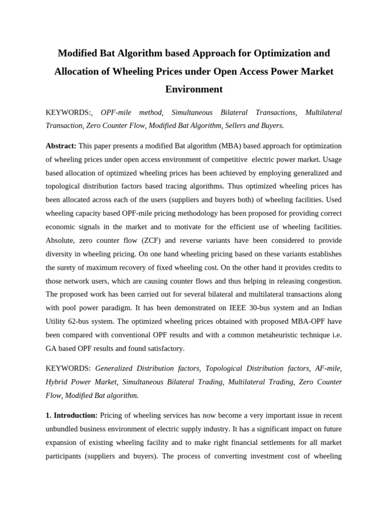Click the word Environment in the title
194,89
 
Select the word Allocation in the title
77,71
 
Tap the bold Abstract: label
61,146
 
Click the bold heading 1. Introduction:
71,415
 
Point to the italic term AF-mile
328,369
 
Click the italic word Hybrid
57,382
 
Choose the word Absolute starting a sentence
61,240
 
